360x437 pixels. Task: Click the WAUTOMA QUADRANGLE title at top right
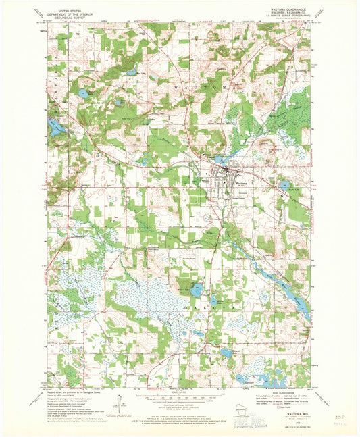point(291,9)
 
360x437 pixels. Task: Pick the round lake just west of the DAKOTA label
point(195,291)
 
